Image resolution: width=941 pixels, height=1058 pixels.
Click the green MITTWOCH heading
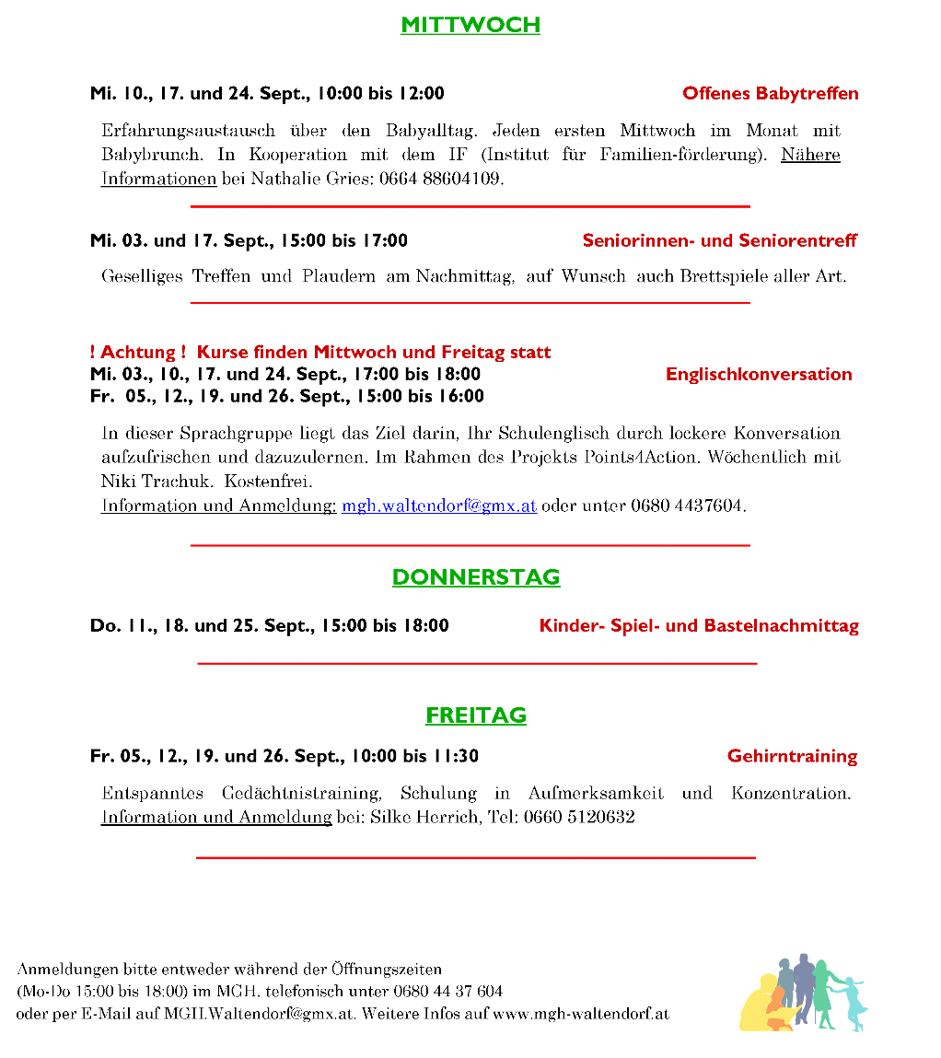coord(470,25)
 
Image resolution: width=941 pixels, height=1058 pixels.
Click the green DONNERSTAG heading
coord(475,577)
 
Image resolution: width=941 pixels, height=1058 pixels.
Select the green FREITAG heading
coord(475,715)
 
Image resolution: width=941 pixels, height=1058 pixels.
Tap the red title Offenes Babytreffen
coord(770,93)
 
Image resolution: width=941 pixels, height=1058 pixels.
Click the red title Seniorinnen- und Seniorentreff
coord(719,240)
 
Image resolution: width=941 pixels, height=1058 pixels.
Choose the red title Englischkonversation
coord(759,374)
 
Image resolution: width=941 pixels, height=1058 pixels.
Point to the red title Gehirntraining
coord(792,756)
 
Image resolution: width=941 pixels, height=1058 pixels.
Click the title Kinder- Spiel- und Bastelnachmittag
coord(699,626)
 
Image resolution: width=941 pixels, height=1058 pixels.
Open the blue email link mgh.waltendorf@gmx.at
coord(439,506)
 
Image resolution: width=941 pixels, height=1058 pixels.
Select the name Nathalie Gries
coord(308,179)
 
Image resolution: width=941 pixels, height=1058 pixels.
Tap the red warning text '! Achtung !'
coord(138,352)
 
